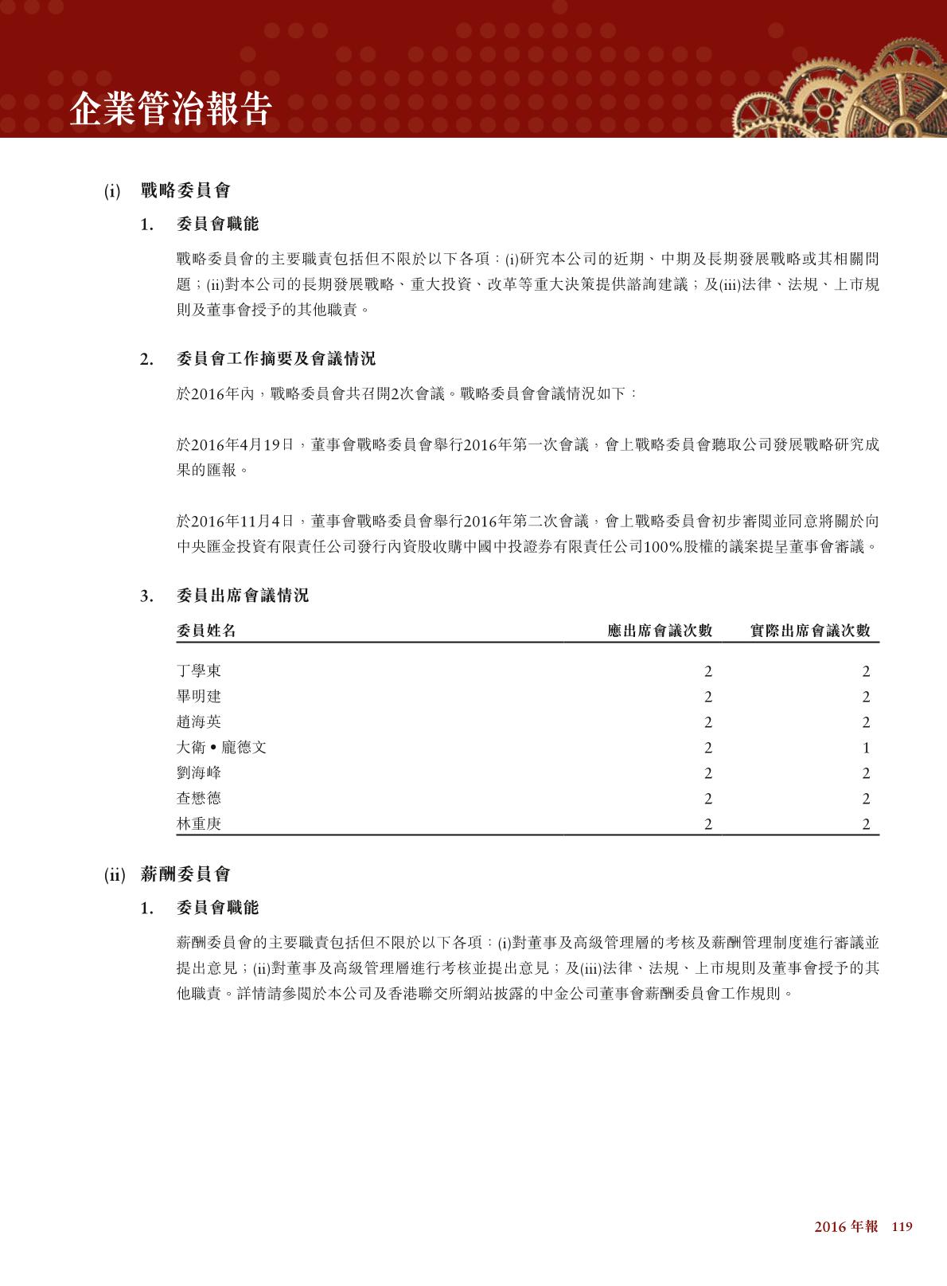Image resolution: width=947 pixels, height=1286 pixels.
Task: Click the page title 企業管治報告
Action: pos(170,109)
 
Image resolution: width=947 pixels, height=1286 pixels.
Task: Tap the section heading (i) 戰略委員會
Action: pos(168,191)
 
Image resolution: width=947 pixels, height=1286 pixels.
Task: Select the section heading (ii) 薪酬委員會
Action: pos(168,874)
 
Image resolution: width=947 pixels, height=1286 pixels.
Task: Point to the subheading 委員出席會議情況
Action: pos(242,596)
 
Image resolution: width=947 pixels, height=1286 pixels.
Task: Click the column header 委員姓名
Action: pos(206,631)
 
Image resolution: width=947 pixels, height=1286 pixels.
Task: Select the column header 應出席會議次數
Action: pos(659,631)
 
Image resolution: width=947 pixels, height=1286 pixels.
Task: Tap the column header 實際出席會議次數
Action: pos(810,631)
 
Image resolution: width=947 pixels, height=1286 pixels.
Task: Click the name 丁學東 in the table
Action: pos(199,671)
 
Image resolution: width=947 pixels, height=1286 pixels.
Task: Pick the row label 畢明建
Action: pos(199,697)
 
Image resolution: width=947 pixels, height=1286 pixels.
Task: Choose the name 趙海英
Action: pos(199,722)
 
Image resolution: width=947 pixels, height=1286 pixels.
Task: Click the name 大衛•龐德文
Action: pos(221,748)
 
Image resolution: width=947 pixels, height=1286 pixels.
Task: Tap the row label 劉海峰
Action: pos(199,773)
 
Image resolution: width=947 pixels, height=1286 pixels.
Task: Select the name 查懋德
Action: pos(199,799)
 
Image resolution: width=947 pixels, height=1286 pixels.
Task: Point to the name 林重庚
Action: pos(199,824)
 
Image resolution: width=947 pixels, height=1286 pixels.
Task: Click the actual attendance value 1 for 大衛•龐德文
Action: pos(866,748)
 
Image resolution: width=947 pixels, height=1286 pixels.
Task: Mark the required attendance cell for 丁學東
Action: pos(707,671)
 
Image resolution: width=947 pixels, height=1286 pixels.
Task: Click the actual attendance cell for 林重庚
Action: pos(866,824)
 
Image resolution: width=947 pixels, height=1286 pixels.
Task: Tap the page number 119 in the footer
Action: pos(901,1227)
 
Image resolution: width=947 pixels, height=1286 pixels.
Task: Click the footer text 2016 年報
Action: pos(846,1227)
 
